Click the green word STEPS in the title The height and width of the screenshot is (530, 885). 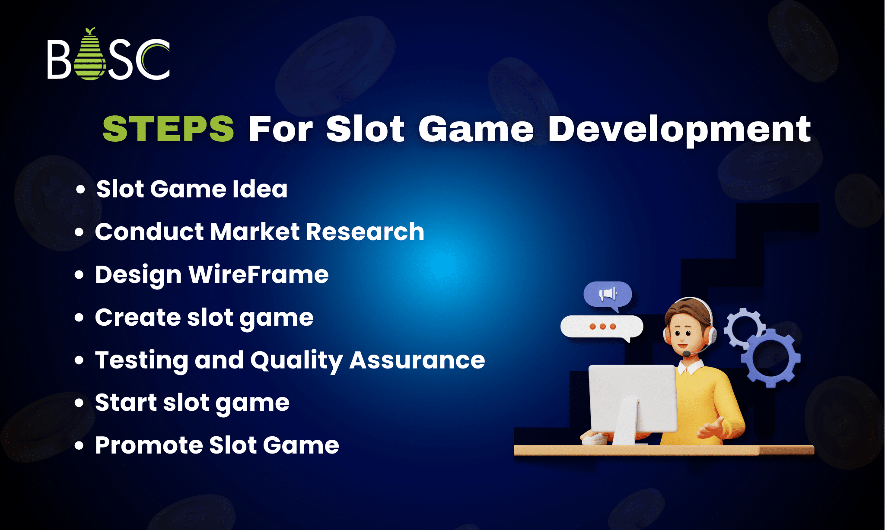tap(168, 129)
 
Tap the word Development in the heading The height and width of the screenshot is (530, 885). tap(679, 130)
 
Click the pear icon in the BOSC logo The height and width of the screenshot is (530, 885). tap(90, 56)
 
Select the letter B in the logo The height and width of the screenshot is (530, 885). tap(59, 60)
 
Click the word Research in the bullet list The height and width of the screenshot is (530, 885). tap(365, 232)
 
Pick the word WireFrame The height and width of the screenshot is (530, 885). tap(258, 275)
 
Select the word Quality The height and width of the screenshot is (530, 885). tap(296, 360)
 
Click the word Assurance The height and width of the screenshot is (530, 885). tap(417, 360)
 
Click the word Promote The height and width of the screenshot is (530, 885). tap(149, 445)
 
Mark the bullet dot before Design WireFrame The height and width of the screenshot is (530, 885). tap(79, 275)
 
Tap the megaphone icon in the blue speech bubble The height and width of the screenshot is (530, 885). tap(608, 294)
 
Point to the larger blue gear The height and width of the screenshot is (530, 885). tap(771, 358)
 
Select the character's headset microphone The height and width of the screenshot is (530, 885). tap(686, 354)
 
